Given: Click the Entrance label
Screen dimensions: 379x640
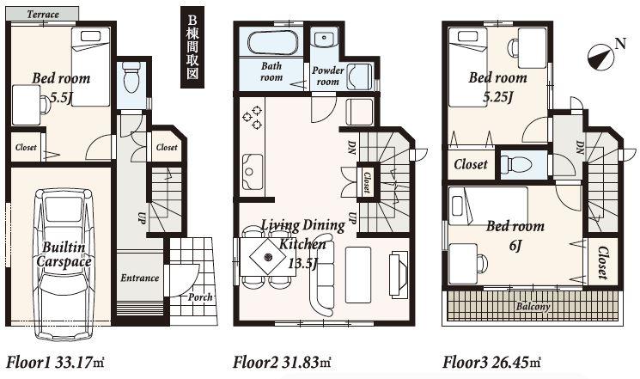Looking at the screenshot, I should (x=139, y=278).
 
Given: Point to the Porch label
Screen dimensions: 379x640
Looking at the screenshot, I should (x=200, y=297).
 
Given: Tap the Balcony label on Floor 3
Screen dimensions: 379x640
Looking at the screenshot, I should (x=533, y=306).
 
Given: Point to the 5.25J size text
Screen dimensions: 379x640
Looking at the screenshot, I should (x=497, y=95).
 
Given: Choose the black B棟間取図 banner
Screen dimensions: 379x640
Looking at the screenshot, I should (x=192, y=48).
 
